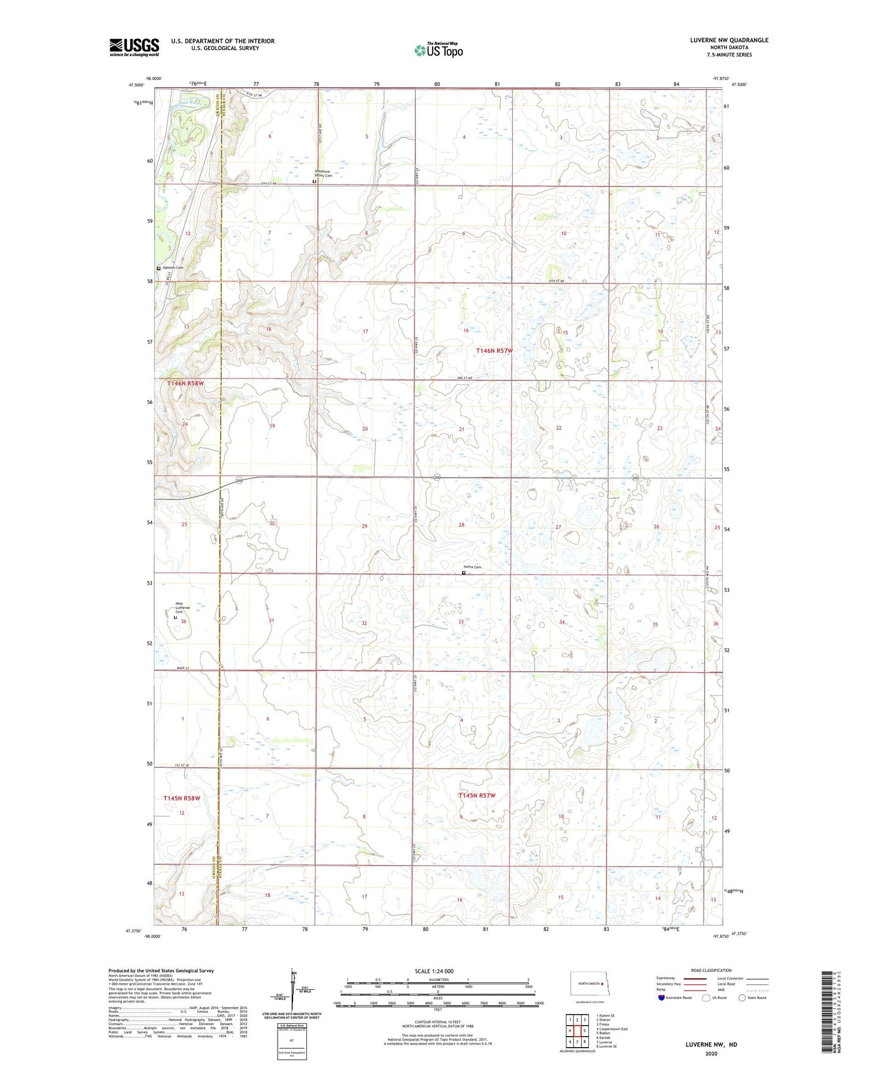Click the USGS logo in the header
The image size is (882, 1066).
point(134,46)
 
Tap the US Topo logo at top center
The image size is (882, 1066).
point(438,50)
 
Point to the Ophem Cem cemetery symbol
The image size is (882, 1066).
point(159,268)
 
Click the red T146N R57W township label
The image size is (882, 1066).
point(494,351)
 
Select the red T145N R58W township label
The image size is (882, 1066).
point(181,798)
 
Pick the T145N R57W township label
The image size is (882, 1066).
point(477,796)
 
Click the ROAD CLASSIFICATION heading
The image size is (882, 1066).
point(711,970)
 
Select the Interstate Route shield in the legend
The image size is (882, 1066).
point(662,998)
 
